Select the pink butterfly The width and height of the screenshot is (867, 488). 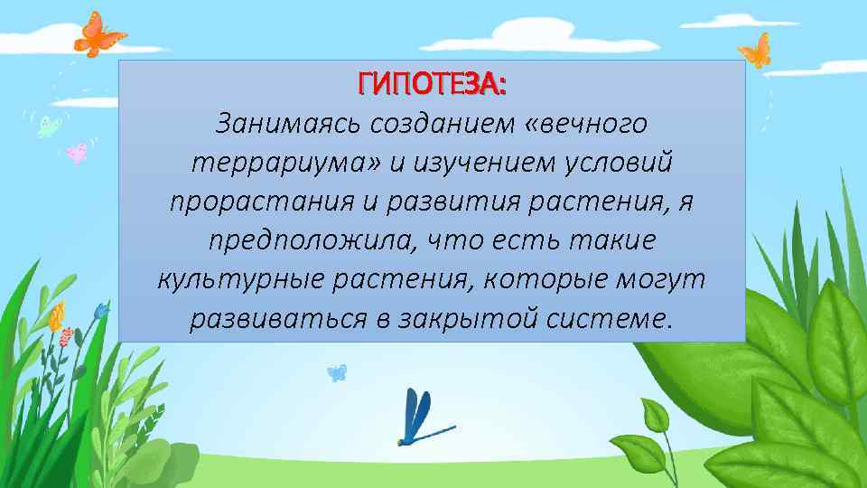(78, 152)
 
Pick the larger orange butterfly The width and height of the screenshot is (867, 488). (98, 34)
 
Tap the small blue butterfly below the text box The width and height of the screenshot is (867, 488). (336, 371)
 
